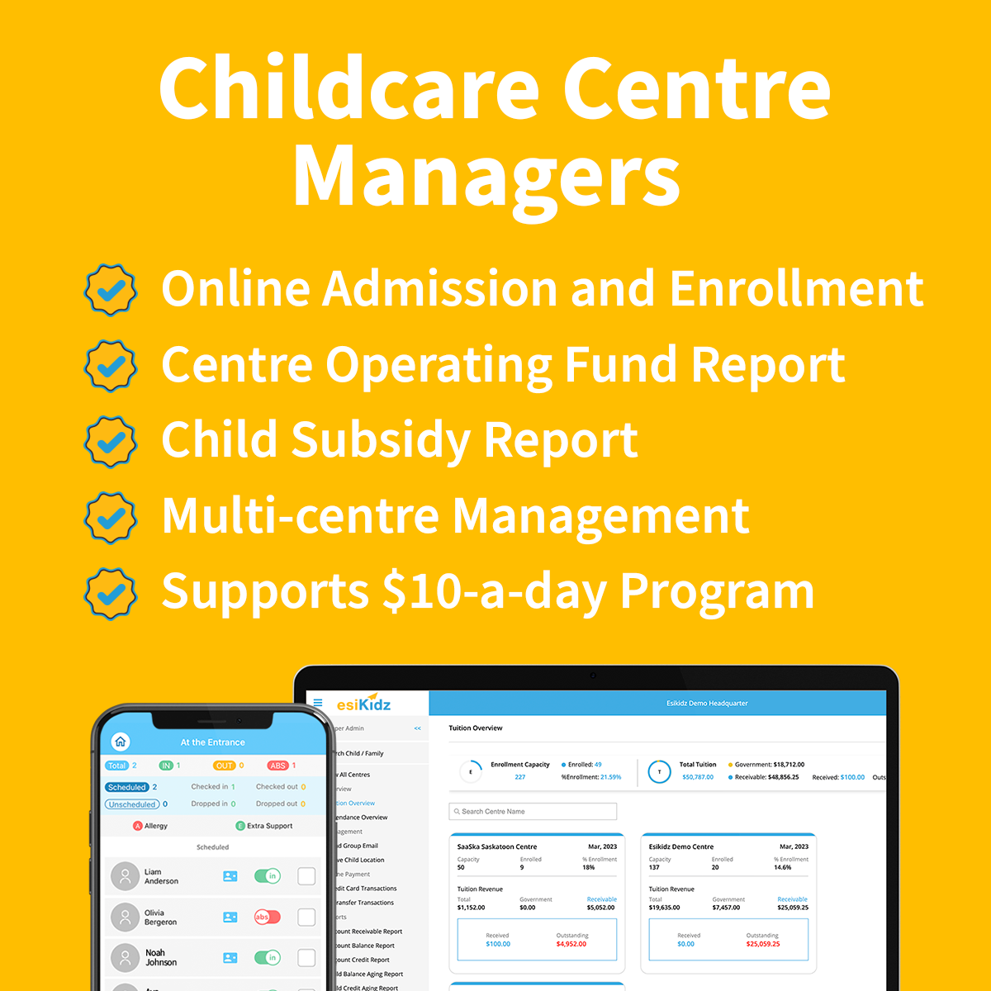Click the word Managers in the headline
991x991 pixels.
pos(487,178)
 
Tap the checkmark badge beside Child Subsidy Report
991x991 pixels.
pos(111,442)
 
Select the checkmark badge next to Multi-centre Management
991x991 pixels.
pos(111,518)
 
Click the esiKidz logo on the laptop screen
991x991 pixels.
pos(363,704)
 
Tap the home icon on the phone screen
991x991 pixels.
pos(121,742)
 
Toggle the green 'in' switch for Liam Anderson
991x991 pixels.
pos(267,876)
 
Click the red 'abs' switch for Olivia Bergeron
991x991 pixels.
pos(267,917)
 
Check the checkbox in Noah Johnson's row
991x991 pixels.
pos(306,958)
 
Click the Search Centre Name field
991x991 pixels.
pos(533,812)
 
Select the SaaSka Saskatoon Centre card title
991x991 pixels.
pos(497,846)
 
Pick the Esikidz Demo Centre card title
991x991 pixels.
pos(681,846)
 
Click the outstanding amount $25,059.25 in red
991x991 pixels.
pos(763,944)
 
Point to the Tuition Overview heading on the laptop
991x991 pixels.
pos(476,728)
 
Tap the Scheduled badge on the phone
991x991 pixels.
pos(127,787)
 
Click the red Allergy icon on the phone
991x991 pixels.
pos(138,826)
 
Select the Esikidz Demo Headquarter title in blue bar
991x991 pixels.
pos(707,704)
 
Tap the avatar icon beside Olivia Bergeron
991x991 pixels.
pos(125,917)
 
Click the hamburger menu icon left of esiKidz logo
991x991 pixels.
pos(318,704)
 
